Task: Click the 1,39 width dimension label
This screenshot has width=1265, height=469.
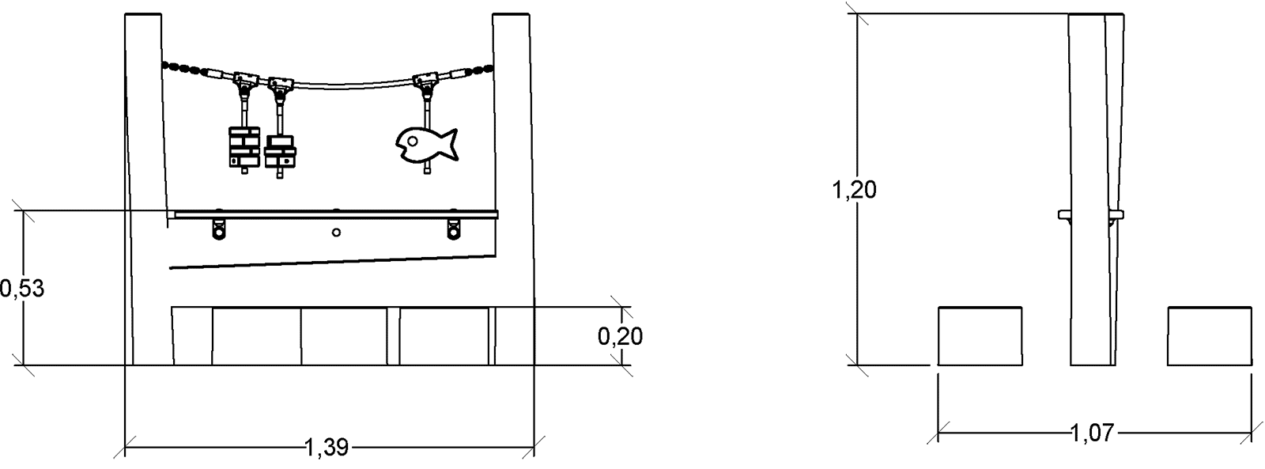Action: [327, 448]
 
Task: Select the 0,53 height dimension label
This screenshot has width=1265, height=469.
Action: [21, 289]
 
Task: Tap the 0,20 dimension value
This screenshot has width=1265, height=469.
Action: [620, 337]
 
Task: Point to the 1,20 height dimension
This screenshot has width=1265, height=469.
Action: [854, 190]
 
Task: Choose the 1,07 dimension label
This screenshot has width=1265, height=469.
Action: [1093, 433]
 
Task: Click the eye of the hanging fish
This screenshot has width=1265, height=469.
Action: [412, 140]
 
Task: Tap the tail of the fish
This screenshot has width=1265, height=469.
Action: [449, 144]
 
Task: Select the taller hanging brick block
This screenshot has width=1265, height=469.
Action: [244, 147]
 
